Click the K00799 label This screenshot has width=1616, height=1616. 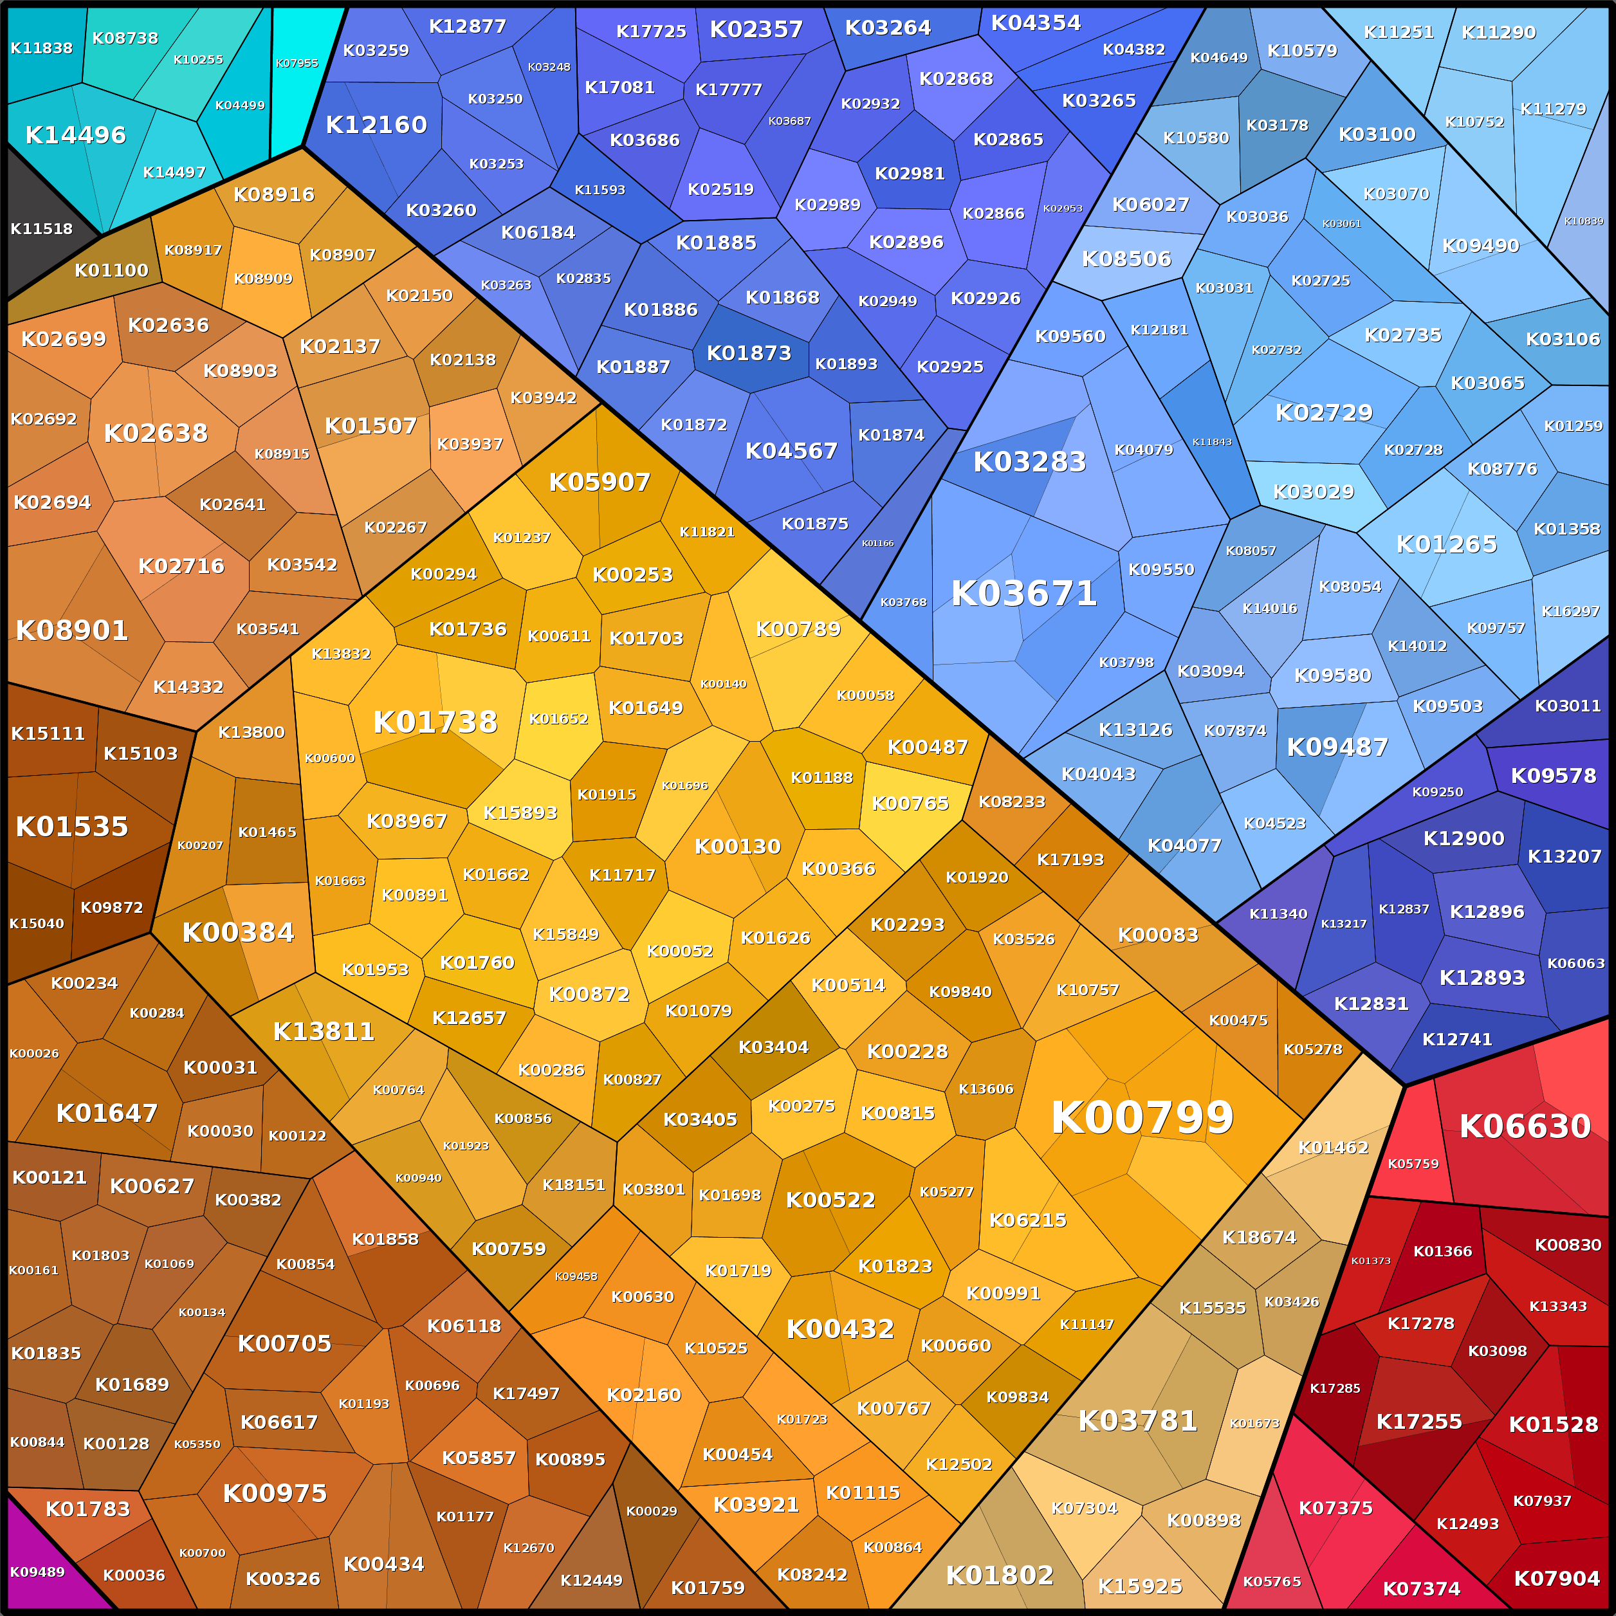point(1142,1117)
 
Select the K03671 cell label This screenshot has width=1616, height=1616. point(1024,594)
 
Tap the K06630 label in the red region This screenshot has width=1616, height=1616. point(1525,1126)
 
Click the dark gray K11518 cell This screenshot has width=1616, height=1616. point(41,228)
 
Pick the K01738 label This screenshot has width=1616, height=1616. point(435,722)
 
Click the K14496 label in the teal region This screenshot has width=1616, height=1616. point(75,134)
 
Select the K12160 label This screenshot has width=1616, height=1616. point(376,125)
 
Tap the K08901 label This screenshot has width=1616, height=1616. point(72,630)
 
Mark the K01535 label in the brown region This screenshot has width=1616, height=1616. point(72,827)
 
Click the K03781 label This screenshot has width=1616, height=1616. point(1137,1420)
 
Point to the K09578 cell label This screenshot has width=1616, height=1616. point(1553,775)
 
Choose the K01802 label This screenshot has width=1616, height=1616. point(1000,1575)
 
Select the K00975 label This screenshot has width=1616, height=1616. point(274,1493)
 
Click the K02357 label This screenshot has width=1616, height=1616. point(756,30)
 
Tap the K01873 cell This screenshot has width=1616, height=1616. point(749,353)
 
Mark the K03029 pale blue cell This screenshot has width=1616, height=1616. point(1313,492)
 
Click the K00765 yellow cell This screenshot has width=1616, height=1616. point(910,803)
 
